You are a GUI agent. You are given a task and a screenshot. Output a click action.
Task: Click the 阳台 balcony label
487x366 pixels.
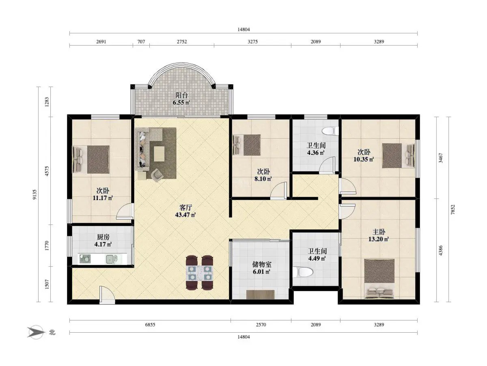point(181,95)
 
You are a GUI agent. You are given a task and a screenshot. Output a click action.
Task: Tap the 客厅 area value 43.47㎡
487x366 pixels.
point(185,215)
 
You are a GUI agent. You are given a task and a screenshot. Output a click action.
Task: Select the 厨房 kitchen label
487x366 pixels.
point(103,237)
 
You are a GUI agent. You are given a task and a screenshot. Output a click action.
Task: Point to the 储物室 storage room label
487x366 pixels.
point(262,264)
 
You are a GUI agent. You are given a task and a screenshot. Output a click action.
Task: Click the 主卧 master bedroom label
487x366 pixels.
point(379,232)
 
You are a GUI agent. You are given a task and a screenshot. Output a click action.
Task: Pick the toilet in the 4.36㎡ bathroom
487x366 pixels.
point(330,131)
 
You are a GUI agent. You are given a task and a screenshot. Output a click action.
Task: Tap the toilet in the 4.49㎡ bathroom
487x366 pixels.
point(303,272)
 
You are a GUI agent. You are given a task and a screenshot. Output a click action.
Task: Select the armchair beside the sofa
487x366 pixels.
point(157,174)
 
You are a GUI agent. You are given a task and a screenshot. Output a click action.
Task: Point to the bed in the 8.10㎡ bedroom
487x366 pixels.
point(246,145)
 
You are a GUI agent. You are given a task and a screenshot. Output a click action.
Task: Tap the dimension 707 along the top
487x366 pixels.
point(141,41)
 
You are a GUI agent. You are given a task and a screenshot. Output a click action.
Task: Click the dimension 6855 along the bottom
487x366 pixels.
point(150,325)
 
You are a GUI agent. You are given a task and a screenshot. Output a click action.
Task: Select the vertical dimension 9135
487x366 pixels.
point(34,194)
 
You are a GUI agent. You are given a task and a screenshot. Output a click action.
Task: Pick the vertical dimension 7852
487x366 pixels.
point(453,209)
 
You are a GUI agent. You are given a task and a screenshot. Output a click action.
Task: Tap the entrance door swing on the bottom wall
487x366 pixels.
point(107,295)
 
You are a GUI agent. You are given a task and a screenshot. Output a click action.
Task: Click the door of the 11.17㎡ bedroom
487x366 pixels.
point(125,211)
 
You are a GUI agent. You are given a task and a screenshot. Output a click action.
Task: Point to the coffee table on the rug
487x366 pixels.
point(159,154)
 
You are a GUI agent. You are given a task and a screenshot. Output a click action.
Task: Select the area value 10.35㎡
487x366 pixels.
point(364,159)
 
